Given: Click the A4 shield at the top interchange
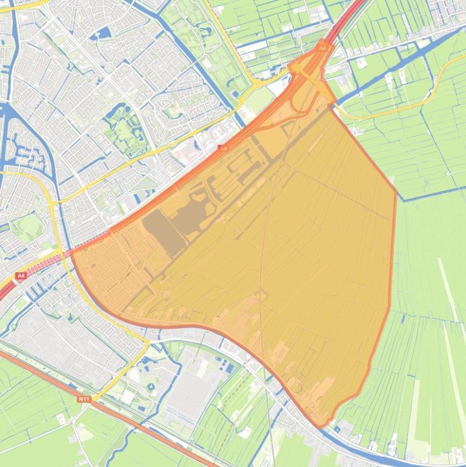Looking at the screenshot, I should point(322,47).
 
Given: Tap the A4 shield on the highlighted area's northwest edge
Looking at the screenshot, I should point(223,148).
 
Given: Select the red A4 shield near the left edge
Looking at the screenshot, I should point(21,276).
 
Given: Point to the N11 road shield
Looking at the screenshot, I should point(84,398).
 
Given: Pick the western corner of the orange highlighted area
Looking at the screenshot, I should point(72,254).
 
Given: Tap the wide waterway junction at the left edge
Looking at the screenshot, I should point(9,115).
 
